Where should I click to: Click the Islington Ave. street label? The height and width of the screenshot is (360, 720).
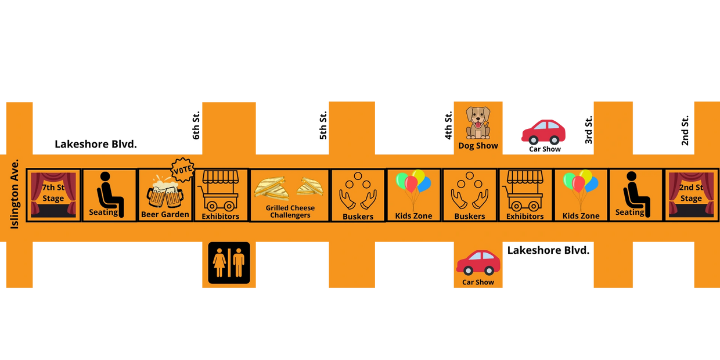click(15, 193)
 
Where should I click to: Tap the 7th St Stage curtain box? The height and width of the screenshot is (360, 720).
click(53, 195)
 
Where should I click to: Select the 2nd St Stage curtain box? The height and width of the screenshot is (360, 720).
click(691, 195)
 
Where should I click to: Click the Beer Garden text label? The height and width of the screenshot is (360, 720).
click(165, 214)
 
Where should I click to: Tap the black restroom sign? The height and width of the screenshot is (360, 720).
click(229, 262)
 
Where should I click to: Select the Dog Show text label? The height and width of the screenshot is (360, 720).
click(478, 146)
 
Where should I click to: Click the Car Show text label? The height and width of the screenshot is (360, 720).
click(478, 282)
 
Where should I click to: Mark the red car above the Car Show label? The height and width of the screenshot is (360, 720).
click(478, 262)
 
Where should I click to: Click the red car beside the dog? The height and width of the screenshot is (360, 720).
click(543, 132)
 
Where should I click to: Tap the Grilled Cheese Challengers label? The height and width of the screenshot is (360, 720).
click(290, 211)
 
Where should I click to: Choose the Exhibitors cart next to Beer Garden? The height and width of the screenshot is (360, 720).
click(220, 190)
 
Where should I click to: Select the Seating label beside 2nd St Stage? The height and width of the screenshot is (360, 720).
click(629, 213)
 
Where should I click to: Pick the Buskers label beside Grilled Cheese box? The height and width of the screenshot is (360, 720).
click(358, 217)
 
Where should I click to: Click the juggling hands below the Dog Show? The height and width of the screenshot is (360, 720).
click(469, 192)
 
